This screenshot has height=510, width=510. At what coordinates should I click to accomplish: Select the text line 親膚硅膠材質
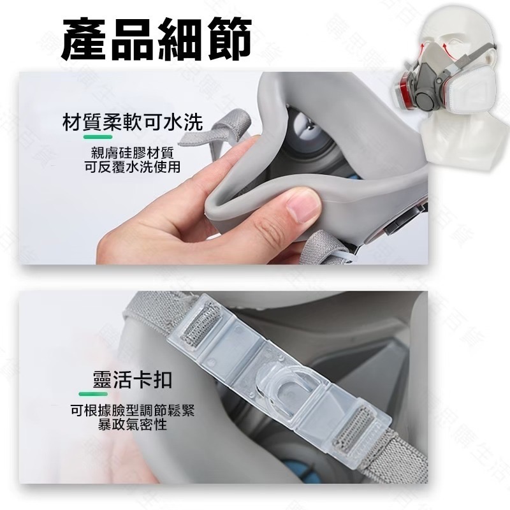click(133, 154)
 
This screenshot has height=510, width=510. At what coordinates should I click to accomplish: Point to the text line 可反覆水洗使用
click(133, 167)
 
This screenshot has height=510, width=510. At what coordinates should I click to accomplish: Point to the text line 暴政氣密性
click(133, 425)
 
